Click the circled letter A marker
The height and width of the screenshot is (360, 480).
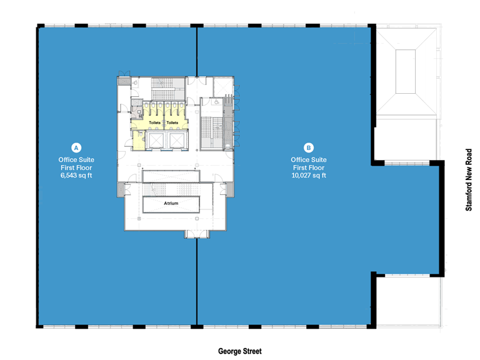(x=76, y=148)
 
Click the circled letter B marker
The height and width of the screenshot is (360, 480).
(x=308, y=148)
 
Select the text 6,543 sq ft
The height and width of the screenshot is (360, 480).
(x=76, y=176)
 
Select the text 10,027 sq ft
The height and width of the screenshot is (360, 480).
(x=308, y=176)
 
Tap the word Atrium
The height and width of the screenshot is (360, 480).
(x=171, y=204)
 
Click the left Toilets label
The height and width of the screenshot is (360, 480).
(x=154, y=123)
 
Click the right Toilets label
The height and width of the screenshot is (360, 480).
(x=172, y=123)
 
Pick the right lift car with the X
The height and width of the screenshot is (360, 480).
(x=177, y=141)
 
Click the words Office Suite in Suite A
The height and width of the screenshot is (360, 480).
(x=76, y=160)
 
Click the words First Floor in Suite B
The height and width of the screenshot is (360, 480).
(x=308, y=168)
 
